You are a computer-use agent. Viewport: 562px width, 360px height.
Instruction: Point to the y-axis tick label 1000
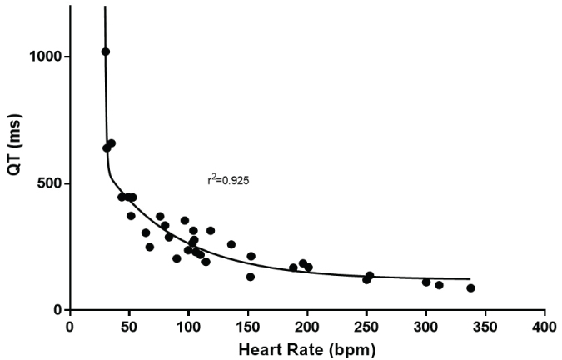tap(45, 57)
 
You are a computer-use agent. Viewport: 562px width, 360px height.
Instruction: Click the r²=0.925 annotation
tap(226, 179)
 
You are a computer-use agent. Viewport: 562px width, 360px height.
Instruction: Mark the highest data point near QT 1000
tap(106, 52)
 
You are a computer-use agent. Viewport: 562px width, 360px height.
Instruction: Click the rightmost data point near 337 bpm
tap(470, 288)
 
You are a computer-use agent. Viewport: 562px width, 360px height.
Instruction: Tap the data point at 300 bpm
tap(426, 282)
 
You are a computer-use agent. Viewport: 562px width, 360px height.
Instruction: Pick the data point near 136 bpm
tap(231, 244)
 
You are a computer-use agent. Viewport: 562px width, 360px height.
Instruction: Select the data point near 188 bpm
tap(293, 267)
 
